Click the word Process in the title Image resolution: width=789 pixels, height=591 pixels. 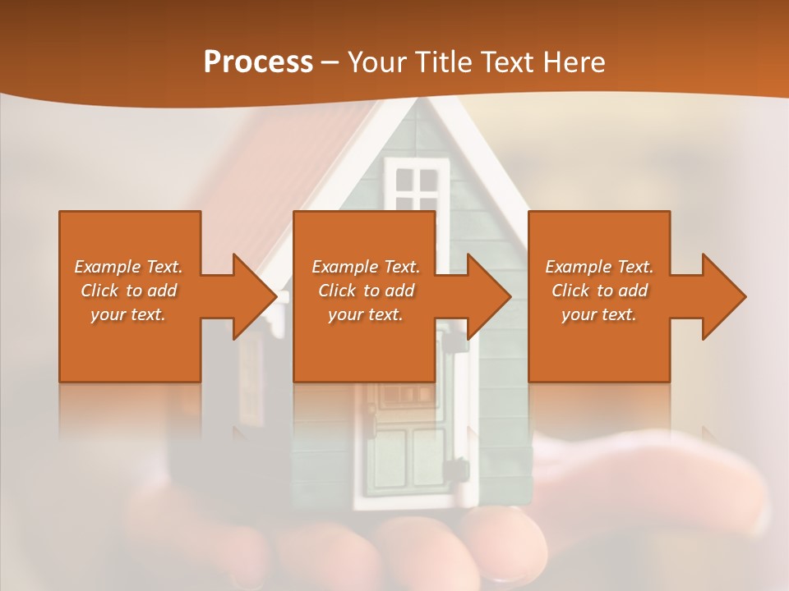pos(258,62)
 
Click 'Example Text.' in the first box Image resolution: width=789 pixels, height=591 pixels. pos(129,267)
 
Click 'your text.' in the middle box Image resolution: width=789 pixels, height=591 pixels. pos(366,314)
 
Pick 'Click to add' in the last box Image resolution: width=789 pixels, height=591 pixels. pos(600,291)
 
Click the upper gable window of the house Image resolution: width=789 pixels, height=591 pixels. pos(417,186)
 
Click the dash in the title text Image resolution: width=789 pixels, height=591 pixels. pos(330,62)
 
